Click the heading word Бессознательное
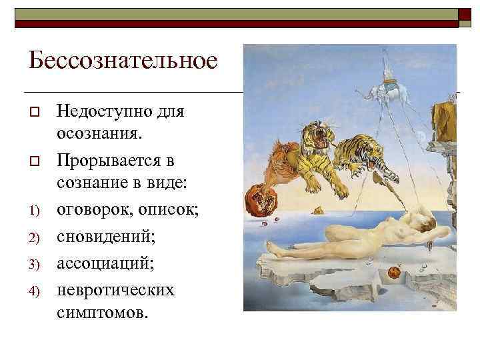[123, 61]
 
